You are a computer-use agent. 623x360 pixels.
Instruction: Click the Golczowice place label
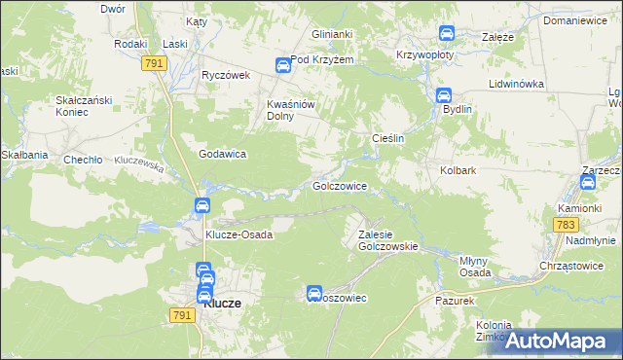pos(339,185)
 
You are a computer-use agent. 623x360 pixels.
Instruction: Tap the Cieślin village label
pos(388,139)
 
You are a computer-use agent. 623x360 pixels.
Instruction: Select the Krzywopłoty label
pos(427,55)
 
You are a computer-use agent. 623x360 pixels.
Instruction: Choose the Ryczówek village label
pos(226,75)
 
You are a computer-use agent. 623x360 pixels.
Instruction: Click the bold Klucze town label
pos(223,303)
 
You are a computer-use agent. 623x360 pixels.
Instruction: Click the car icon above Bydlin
pos(443,95)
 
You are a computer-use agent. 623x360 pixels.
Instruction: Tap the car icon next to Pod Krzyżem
pos(281,65)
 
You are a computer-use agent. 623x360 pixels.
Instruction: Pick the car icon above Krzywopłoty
pos(447,34)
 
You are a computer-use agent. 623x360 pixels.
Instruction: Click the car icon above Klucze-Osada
pos(201,205)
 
